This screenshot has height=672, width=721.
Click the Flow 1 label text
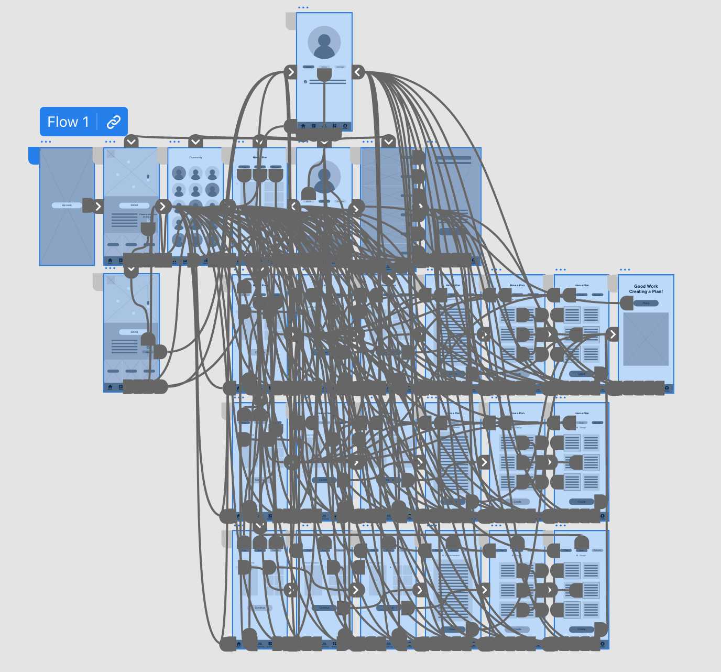click(68, 122)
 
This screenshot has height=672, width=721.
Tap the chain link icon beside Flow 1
click(114, 122)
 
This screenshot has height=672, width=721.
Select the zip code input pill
click(67, 205)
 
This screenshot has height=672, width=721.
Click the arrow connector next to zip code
click(98, 206)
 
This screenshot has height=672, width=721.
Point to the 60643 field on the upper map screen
click(134, 205)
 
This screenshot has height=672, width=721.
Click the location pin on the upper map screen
click(148, 177)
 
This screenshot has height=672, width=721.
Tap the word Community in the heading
click(195, 157)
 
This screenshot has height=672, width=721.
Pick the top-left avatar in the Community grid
click(179, 173)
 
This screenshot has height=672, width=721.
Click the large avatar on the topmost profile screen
click(324, 42)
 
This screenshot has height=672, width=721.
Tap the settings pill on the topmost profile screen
click(340, 67)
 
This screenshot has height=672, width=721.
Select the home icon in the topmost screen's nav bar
click(303, 126)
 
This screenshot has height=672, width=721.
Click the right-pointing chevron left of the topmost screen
click(291, 72)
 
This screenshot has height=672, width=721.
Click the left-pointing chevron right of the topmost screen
click(358, 72)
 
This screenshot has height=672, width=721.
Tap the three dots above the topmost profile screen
click(303, 8)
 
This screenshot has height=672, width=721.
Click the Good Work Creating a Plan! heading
click(646, 289)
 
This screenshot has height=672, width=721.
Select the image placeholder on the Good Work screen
click(646, 339)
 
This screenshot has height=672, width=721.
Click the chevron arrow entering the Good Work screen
click(613, 334)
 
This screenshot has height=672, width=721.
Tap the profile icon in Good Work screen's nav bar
click(667, 388)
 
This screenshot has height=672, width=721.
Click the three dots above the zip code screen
click(46, 142)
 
